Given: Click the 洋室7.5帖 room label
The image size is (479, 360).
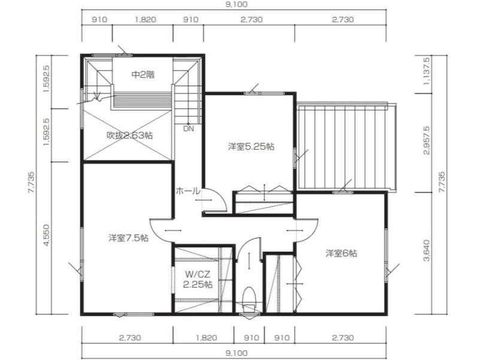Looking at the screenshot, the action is click(128, 238).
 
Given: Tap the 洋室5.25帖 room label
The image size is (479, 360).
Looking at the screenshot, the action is click(251, 147).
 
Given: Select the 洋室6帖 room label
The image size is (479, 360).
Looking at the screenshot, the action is click(341, 253).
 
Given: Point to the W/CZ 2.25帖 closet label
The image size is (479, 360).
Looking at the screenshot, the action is click(198, 279).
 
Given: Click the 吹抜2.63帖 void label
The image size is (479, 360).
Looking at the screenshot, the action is click(129, 135).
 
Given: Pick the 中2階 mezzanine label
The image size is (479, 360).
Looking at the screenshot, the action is click(143, 74).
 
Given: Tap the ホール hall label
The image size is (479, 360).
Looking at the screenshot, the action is click(188, 191).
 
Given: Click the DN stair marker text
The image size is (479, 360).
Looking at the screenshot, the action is click(189, 129).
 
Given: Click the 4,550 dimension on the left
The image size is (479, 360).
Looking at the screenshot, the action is click(46, 235).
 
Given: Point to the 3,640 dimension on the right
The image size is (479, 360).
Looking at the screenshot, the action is click(427, 250).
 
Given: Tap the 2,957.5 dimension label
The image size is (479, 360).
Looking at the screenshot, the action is click(427, 140).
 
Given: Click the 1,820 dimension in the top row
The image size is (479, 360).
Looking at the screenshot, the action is click(145, 20).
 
